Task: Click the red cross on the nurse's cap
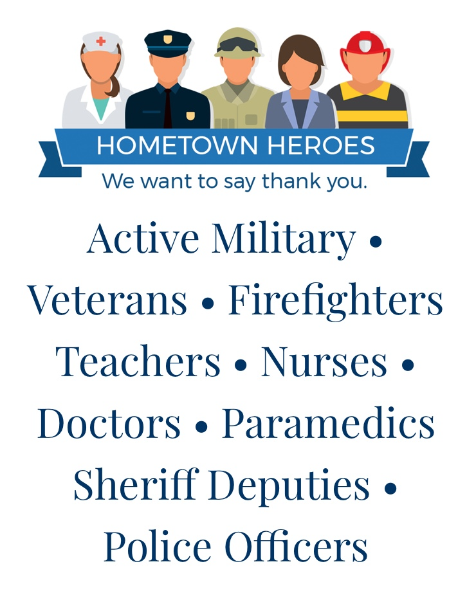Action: (100, 41)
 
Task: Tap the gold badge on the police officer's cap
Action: (167, 39)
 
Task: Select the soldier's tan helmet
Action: (238, 42)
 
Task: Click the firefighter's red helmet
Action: (365, 47)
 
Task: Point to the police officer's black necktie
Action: (168, 108)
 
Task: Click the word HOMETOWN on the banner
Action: (177, 145)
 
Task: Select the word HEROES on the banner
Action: (321, 145)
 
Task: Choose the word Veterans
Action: (107, 300)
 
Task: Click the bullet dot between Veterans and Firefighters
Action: (208, 304)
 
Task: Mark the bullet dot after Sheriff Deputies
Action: (390, 488)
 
